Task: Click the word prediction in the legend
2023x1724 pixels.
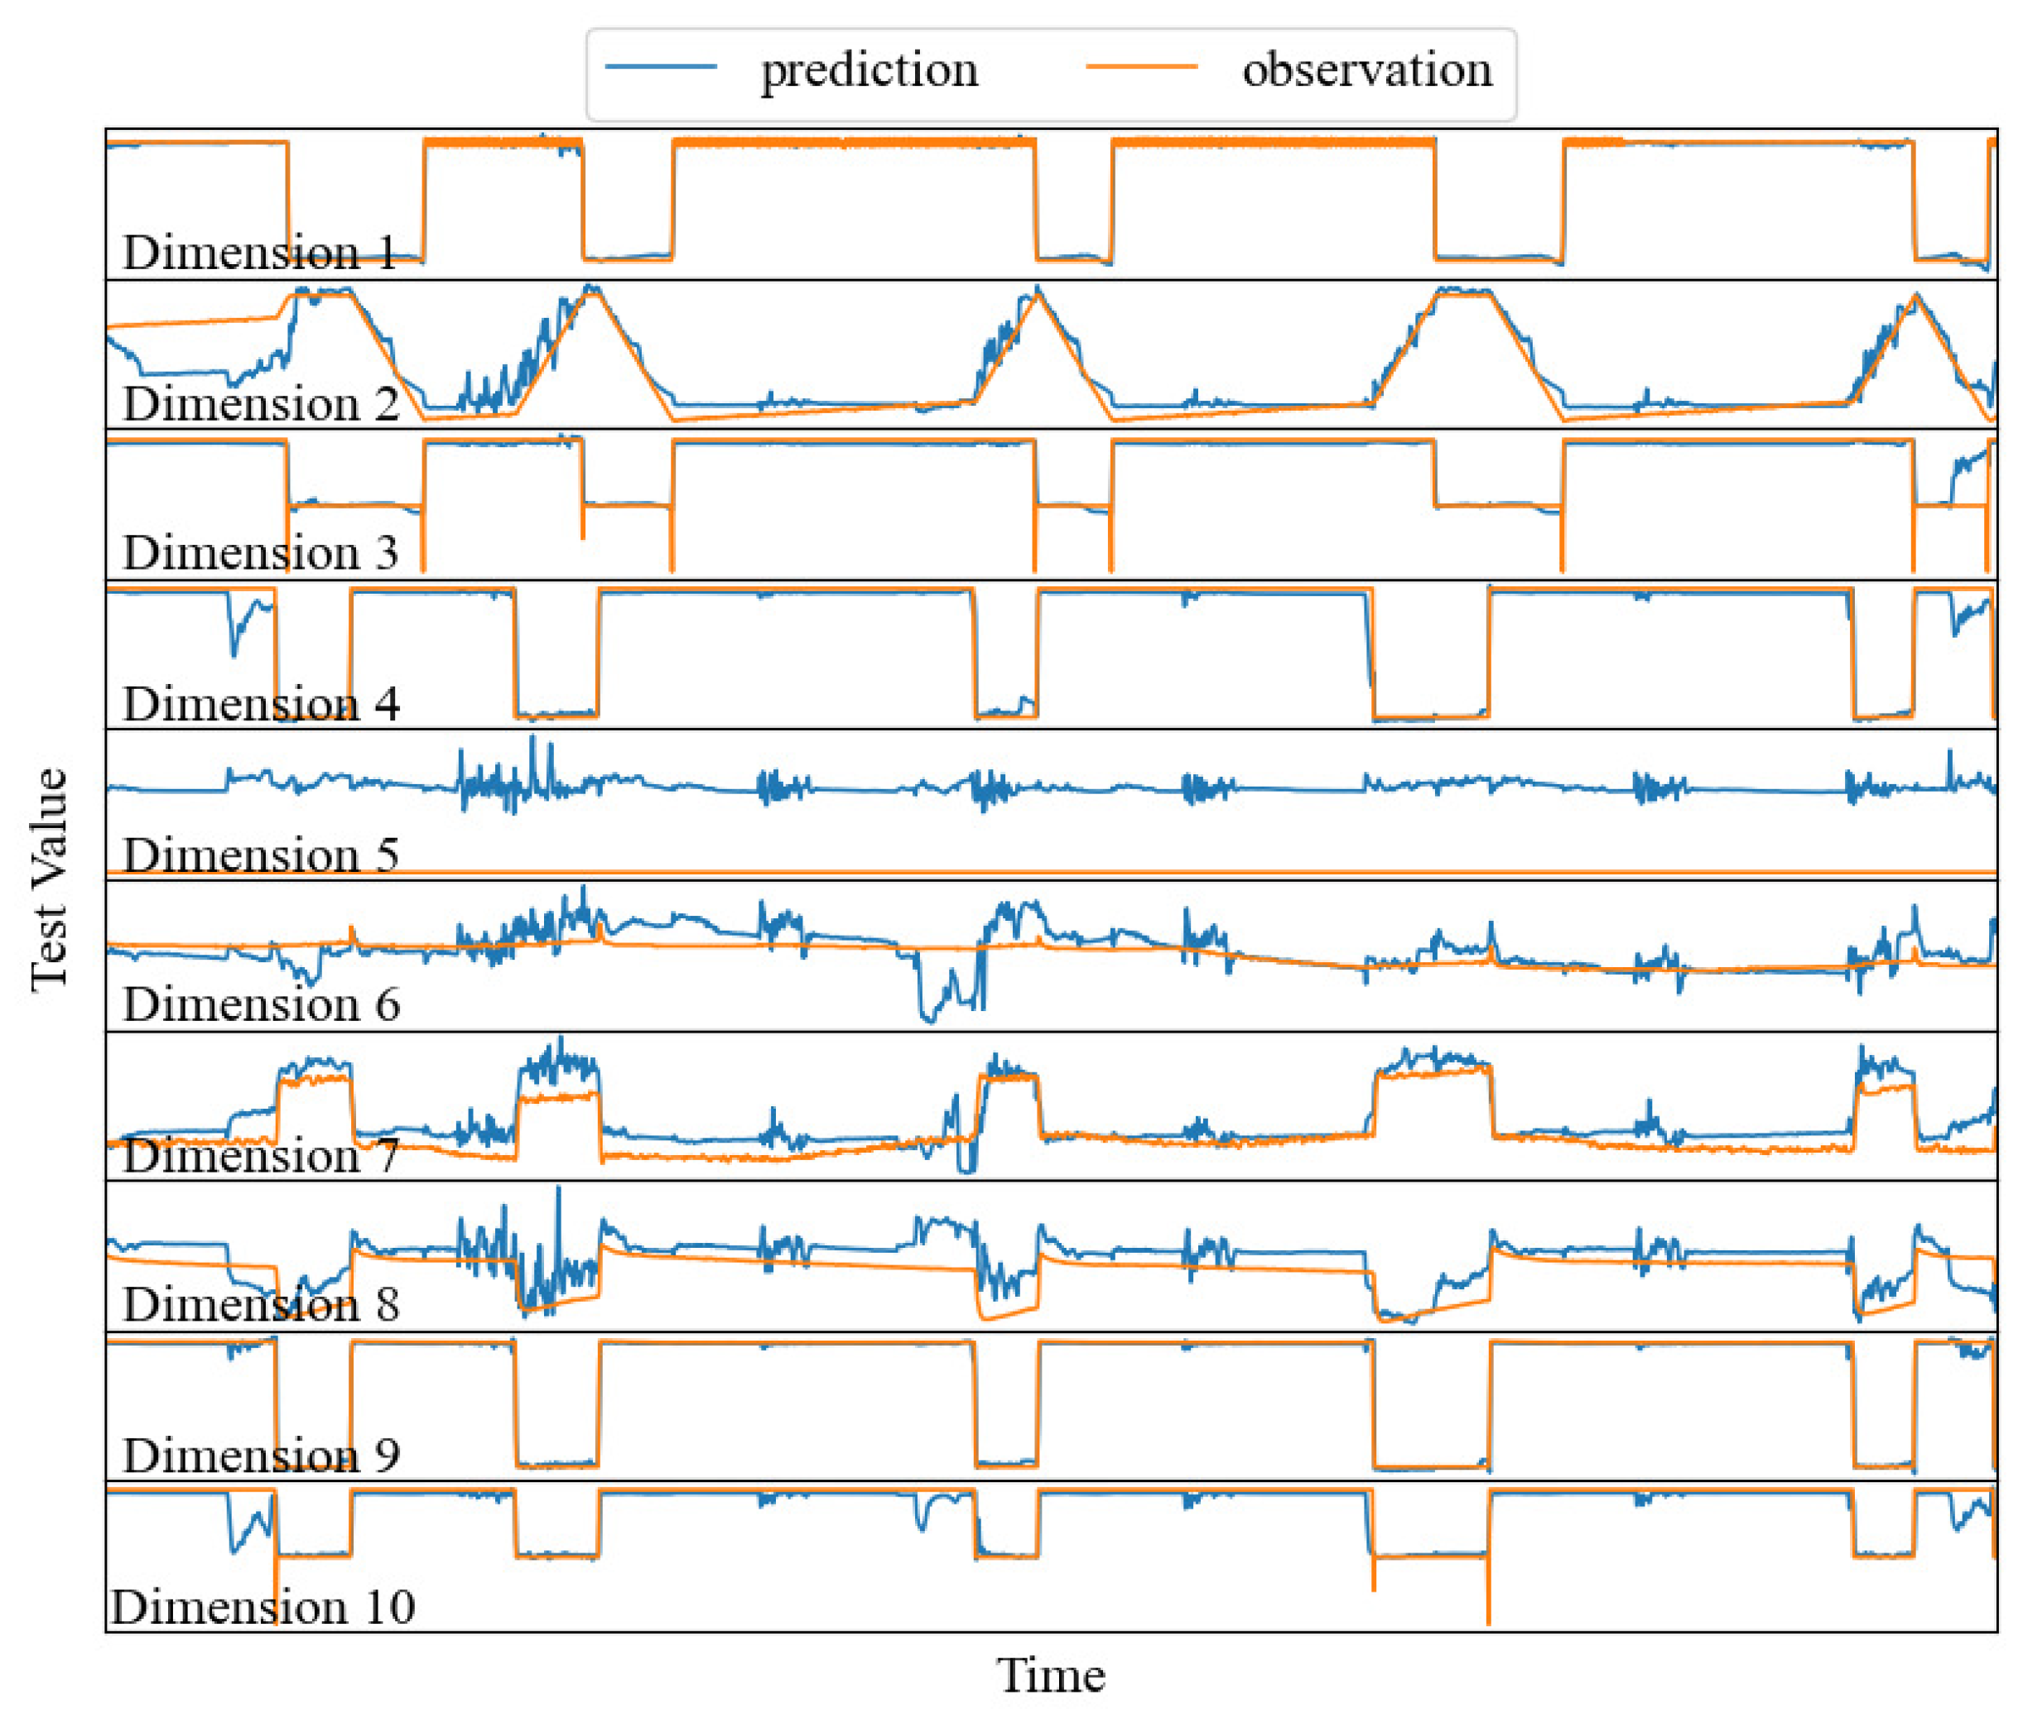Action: click(x=869, y=70)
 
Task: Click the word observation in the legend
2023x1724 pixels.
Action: click(x=1367, y=70)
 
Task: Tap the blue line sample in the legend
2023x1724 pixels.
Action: click(x=661, y=66)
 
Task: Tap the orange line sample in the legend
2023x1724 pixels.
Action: click(x=1141, y=66)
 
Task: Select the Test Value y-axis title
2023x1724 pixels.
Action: click(x=49, y=879)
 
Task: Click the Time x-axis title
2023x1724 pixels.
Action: click(x=1051, y=1676)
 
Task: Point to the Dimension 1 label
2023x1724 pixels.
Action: click(x=260, y=253)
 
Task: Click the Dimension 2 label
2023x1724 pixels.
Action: click(x=260, y=403)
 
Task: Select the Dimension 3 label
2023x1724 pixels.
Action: click(x=260, y=552)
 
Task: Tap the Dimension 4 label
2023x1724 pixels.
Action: click(x=260, y=704)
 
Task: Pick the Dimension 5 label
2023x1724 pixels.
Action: click(x=260, y=855)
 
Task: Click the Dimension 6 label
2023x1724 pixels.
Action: click(x=260, y=1004)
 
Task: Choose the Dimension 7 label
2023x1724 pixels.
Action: click(x=260, y=1156)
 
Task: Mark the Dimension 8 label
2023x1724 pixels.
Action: click(x=260, y=1305)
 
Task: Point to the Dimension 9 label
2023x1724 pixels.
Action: click(x=260, y=1456)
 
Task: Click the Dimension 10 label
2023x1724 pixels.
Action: click(x=262, y=1607)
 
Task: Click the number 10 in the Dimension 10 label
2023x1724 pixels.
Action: click(x=388, y=1607)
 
